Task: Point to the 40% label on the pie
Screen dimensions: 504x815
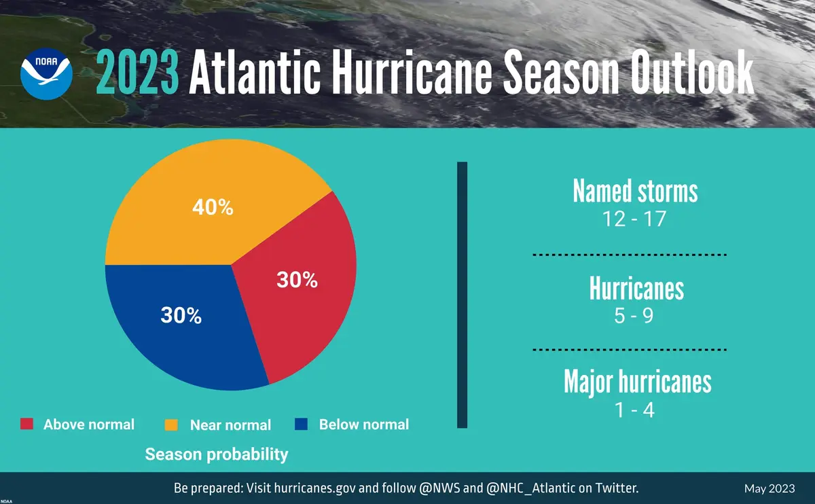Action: pyautogui.click(x=213, y=208)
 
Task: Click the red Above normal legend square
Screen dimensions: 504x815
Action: pyautogui.click(x=26, y=425)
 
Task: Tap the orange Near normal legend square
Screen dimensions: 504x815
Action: pyautogui.click(x=172, y=425)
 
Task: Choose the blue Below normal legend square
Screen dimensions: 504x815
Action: pyautogui.click(x=302, y=425)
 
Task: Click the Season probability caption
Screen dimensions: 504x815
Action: pyautogui.click(x=217, y=454)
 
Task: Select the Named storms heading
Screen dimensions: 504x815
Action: pyautogui.click(x=635, y=192)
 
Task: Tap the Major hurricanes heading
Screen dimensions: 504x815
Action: pyautogui.click(x=637, y=382)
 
